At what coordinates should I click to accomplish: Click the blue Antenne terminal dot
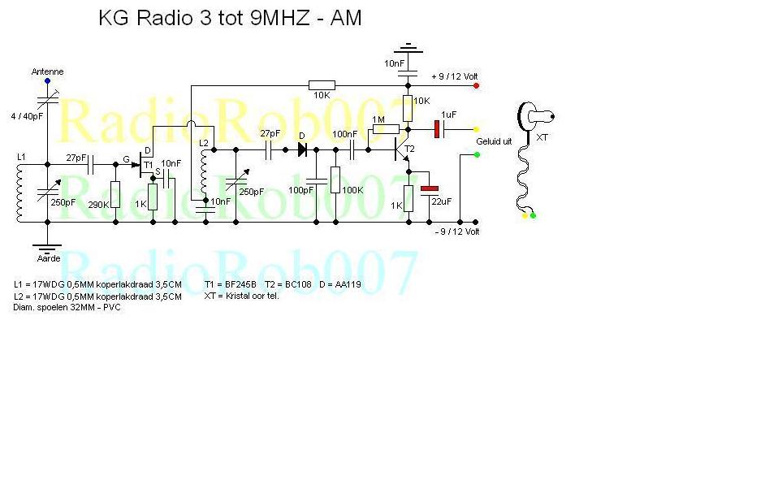click(47, 80)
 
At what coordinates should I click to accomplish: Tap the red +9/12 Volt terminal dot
click(476, 85)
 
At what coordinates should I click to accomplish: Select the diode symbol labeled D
click(303, 149)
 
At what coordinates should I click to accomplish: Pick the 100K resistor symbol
click(334, 180)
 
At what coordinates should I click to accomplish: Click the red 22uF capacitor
click(429, 188)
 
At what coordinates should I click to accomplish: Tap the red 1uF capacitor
click(437, 128)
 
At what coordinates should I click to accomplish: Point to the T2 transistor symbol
click(401, 149)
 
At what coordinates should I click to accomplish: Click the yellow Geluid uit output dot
click(476, 128)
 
